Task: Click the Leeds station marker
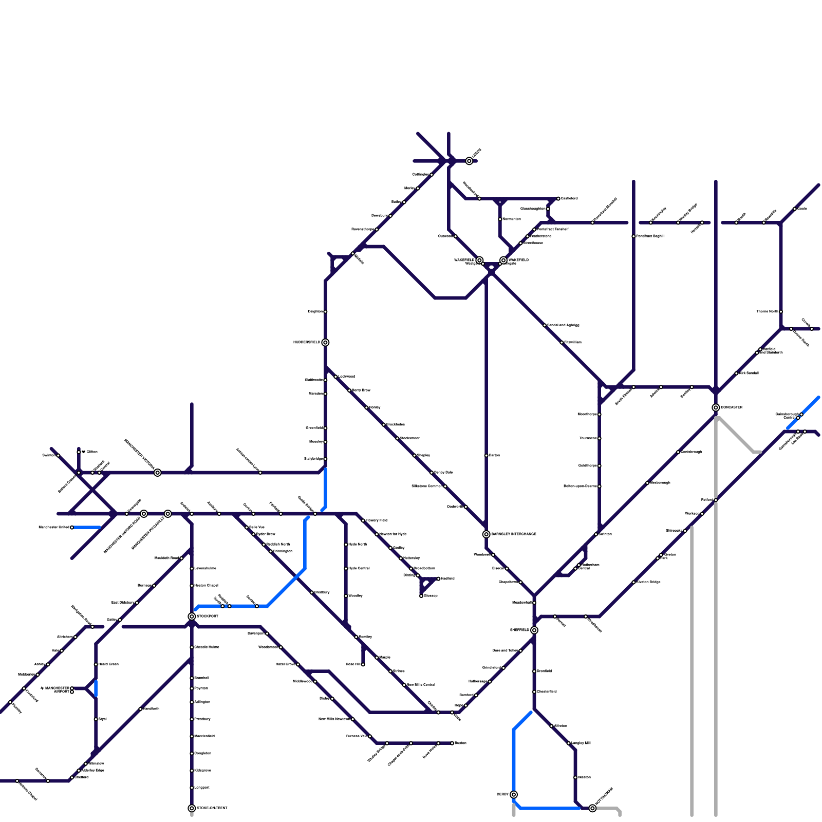point(469,161)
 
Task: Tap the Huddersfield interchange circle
point(325,343)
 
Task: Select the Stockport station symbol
point(192,616)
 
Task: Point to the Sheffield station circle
point(534,630)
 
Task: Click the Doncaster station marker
point(716,408)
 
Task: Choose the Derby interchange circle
point(514,795)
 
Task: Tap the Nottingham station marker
point(592,809)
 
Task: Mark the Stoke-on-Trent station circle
point(192,809)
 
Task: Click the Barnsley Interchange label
point(514,534)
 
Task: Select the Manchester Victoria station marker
point(158,473)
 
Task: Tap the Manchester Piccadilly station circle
point(167,514)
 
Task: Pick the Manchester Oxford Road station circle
point(144,514)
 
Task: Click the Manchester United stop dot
point(72,528)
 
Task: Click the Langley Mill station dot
point(569,743)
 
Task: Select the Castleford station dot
point(558,199)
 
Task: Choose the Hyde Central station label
point(359,569)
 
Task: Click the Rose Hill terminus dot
point(363,665)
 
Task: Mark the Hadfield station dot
point(438,579)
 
